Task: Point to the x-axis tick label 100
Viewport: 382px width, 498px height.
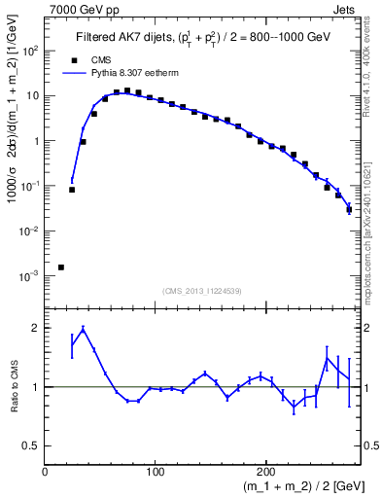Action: pyautogui.click(x=155, y=472)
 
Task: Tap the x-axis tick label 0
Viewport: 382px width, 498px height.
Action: pyautogui.click(x=46, y=472)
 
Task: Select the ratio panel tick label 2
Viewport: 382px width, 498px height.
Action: pyautogui.click(x=37, y=328)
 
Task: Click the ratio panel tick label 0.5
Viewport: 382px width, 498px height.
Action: pyautogui.click(x=32, y=445)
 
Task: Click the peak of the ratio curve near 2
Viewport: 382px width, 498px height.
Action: pyautogui.click(x=84, y=328)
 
